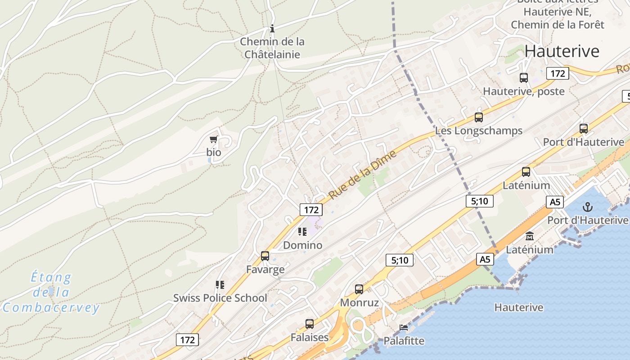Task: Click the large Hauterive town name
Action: point(562,51)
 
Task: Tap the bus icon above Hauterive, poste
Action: point(524,77)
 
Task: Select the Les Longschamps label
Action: point(479,131)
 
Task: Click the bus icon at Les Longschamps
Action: point(479,117)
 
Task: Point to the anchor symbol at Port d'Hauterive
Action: point(587,207)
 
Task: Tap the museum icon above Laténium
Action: point(530,236)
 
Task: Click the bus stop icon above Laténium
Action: point(526,172)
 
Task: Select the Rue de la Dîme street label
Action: point(363,175)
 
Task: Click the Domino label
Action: point(302,245)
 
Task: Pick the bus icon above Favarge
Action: point(265,256)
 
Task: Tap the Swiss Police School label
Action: point(220,298)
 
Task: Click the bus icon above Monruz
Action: point(359,289)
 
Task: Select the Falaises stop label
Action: point(309,337)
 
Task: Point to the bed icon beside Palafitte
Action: point(404,328)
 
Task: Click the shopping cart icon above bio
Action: point(214,139)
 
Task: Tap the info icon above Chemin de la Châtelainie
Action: point(272,29)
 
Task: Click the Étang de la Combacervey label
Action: point(51,292)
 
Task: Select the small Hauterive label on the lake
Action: point(519,308)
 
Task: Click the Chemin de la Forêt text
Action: point(558,25)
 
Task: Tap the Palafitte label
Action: point(404,341)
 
